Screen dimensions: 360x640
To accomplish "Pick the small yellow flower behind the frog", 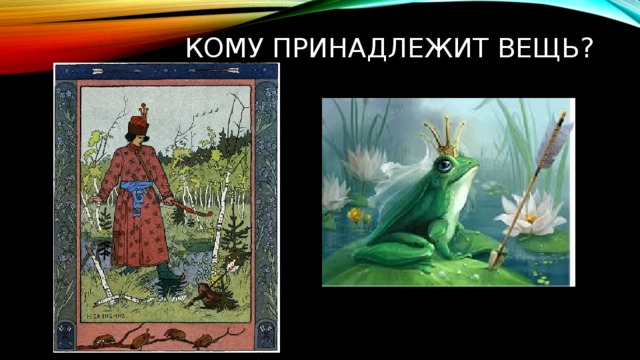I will [x=355, y=213].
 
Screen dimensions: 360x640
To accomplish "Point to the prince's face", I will [x=139, y=137].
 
